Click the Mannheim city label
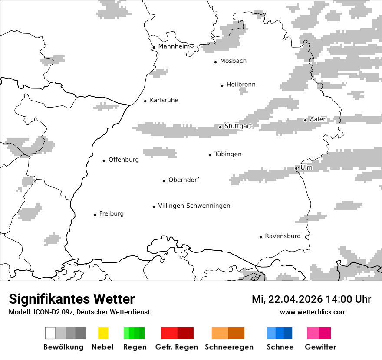point(174,46)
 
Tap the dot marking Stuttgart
point(220,127)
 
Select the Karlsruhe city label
point(164,101)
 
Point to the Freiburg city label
point(111,214)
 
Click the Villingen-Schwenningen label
point(194,206)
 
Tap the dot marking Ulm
point(296,168)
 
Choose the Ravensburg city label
point(283,236)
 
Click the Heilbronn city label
point(241,85)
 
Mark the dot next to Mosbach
point(215,62)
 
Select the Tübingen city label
point(228,154)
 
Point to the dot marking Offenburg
point(104,160)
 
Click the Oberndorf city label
point(184,180)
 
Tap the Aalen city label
point(318,120)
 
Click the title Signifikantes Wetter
point(72,299)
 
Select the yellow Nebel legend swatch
point(103,333)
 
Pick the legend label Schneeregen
point(229,347)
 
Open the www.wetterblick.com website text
point(313,312)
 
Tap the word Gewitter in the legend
point(320,347)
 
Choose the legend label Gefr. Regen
point(176,347)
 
